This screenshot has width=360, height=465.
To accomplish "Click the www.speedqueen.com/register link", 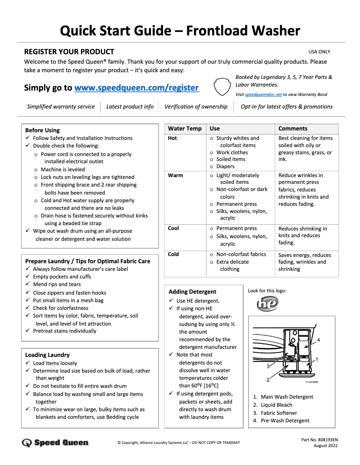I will [x=136, y=87].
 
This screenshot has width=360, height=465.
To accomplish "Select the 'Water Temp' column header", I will [x=184, y=129].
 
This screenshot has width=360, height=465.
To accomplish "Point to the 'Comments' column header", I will [x=293, y=129].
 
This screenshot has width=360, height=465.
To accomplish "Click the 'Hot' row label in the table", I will [x=172, y=138].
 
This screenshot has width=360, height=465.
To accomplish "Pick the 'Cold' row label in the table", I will [x=173, y=254].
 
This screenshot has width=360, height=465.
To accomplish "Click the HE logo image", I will [x=268, y=304].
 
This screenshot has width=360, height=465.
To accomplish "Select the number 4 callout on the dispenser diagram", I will [x=318, y=340].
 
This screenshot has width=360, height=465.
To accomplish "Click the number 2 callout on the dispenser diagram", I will [x=268, y=380].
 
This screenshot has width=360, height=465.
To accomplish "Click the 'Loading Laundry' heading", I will [x=47, y=355].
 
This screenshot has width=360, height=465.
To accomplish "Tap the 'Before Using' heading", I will [x=42, y=130].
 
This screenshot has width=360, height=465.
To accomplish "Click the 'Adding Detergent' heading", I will [x=192, y=291].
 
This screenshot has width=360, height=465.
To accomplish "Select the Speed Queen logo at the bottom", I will [x=55, y=443].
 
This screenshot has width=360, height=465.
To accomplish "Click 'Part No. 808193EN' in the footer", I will [x=320, y=440].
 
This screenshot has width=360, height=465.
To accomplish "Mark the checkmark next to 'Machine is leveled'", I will [x=36, y=170].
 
